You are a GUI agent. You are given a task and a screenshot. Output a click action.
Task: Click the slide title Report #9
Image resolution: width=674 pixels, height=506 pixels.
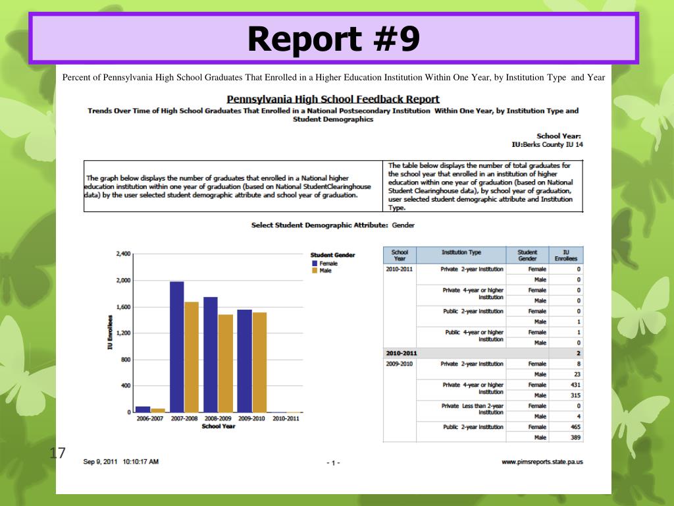point(334,39)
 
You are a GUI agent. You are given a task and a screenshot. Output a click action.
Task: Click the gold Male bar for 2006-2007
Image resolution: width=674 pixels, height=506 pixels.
point(158,410)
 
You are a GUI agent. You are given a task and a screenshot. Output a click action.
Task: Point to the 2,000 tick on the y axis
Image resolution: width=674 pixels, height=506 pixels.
point(123,281)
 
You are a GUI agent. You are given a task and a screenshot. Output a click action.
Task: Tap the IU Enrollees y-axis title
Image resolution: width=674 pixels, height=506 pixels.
point(111,333)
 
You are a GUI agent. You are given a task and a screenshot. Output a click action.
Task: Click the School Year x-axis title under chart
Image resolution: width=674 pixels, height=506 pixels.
point(219,426)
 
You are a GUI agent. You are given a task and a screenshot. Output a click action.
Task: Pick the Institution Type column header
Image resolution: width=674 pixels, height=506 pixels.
point(461,252)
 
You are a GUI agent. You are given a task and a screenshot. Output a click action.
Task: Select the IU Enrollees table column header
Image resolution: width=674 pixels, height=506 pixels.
point(566,255)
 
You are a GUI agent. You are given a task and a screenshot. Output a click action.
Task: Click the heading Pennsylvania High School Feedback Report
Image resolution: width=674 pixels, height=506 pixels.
point(333,99)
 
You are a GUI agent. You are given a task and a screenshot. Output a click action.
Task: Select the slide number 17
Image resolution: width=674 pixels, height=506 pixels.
point(57,453)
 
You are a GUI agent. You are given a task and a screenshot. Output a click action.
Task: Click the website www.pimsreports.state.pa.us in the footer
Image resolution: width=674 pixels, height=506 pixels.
point(542,462)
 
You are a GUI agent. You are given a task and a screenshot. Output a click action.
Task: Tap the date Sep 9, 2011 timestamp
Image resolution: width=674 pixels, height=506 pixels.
point(120,462)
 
